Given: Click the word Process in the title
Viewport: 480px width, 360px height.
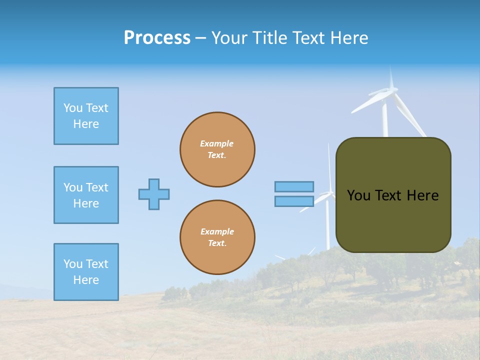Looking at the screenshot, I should tap(157, 38).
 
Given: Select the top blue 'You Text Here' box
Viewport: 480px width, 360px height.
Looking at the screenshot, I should tap(86, 116).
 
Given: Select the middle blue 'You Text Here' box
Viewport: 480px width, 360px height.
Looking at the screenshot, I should tap(86, 195).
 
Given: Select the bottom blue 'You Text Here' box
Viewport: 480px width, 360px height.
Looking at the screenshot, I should tap(86, 272).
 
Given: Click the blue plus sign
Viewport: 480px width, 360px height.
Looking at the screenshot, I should tap(154, 194).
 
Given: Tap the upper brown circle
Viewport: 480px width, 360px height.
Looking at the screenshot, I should tap(217, 149).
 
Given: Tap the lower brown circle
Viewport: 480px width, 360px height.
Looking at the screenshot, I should tap(217, 237).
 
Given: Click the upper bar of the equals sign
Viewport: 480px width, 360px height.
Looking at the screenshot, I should tap(294, 186).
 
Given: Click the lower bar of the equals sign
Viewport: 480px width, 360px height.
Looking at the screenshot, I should tap(294, 201).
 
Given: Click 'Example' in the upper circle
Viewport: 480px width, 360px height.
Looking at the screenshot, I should tap(216, 143).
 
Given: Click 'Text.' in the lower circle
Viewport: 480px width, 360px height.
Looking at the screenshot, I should tap(217, 243).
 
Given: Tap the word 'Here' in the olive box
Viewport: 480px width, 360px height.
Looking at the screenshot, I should tap(422, 195).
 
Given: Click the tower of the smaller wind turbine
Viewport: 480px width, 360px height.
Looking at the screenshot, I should tap(328, 225).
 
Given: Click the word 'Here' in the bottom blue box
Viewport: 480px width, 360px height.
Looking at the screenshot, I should tap(86, 280).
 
